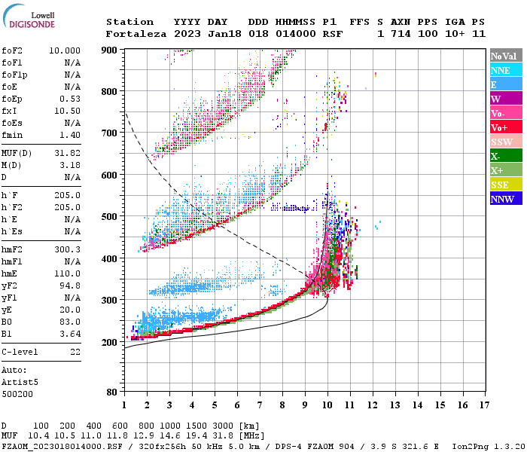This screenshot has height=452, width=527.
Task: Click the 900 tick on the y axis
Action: tap(110, 50)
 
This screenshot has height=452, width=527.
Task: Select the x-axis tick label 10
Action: tap(327, 405)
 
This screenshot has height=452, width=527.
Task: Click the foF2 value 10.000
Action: tap(65, 50)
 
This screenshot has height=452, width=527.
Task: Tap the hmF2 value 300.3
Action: tap(68, 248)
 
